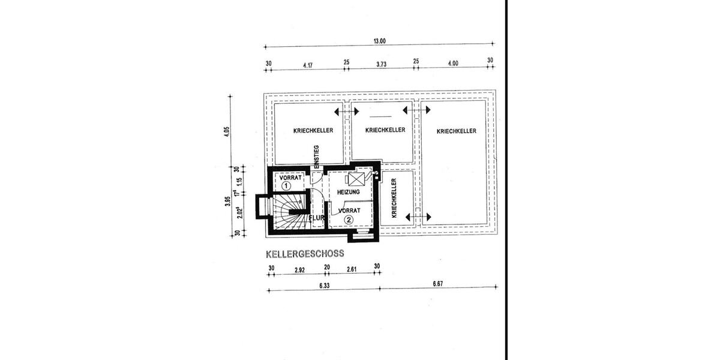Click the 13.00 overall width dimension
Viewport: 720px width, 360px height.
pos(379,41)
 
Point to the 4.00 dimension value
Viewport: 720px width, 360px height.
pos(453,63)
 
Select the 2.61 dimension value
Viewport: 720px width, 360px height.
pos(352,269)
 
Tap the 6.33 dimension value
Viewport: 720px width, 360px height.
pos(324,286)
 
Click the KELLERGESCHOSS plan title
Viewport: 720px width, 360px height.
pos(305,254)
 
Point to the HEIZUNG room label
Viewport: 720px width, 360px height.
pos(349,192)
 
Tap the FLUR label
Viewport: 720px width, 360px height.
pos(317,218)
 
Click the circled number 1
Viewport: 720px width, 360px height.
pos(287,187)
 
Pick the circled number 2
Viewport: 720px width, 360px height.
pos(349,220)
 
